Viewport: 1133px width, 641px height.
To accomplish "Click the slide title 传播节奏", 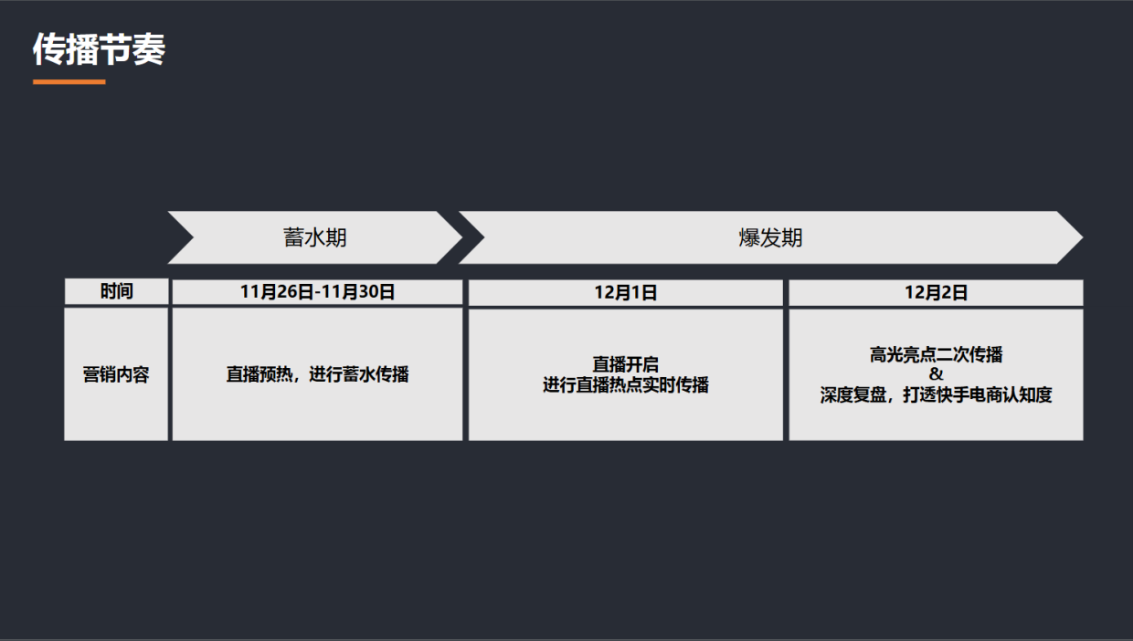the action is pos(99,49).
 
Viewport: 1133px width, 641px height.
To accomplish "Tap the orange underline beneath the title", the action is pos(69,82).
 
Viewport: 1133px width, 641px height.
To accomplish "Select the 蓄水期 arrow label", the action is pos(315,238).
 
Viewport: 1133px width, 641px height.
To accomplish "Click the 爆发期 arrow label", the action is pos(770,238).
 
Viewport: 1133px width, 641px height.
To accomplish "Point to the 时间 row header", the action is pos(116,291).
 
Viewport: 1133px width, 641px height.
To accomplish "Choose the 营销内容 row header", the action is pos(116,374).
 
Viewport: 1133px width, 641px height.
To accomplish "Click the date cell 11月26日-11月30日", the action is pos(317,292).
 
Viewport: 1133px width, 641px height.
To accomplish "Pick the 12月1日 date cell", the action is pos(625,293).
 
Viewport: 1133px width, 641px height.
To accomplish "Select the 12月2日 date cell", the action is pos(936,293).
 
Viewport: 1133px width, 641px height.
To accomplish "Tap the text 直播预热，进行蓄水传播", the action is pos(317,374).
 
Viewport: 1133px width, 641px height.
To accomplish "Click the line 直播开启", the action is pos(625,365).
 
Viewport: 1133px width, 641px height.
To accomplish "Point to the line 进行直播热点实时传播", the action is pos(625,385).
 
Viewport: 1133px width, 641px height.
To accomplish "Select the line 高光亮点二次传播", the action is pos(936,355).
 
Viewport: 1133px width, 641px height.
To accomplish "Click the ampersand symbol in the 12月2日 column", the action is pos(936,374).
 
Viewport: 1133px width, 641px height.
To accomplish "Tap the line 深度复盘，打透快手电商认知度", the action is pos(936,395).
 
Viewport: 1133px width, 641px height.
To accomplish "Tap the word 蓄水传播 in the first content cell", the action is pos(375,374).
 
